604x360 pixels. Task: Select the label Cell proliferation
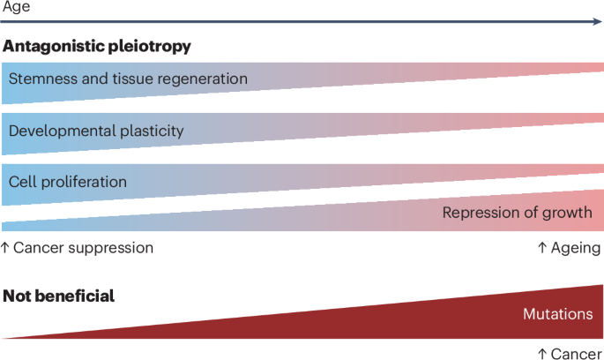(x=68, y=182)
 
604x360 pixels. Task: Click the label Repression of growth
(x=517, y=213)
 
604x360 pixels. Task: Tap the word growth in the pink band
(x=570, y=213)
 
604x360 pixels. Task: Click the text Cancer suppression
(x=84, y=248)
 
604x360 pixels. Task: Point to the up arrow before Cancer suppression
(x=5, y=248)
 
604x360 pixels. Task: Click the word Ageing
(x=577, y=248)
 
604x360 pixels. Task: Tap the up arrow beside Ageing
(x=542, y=248)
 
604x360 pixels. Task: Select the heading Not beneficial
(x=59, y=296)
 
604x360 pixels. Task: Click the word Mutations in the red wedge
(x=557, y=314)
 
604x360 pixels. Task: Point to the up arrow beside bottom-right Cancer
(x=542, y=353)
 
